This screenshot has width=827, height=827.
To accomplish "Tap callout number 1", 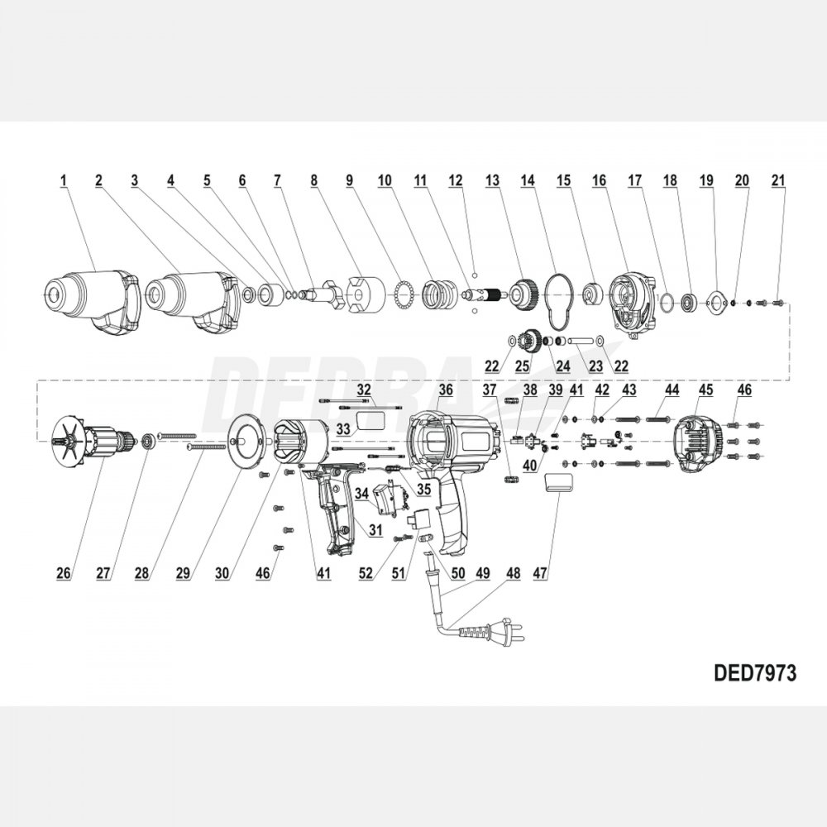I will pos(63,179).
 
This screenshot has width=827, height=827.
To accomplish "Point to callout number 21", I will pos(777,179).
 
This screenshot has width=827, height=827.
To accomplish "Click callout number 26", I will pos(63,571).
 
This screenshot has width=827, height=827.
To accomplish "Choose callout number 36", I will pos(446,390).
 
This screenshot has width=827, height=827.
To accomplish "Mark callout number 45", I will pos(705,390).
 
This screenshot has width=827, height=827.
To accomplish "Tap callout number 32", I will pos(365,390).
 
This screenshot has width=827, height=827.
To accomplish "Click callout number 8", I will pos(313,179).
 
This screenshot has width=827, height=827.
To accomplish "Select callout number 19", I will pos(705,179).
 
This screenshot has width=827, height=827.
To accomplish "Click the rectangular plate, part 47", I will pos(558,484).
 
